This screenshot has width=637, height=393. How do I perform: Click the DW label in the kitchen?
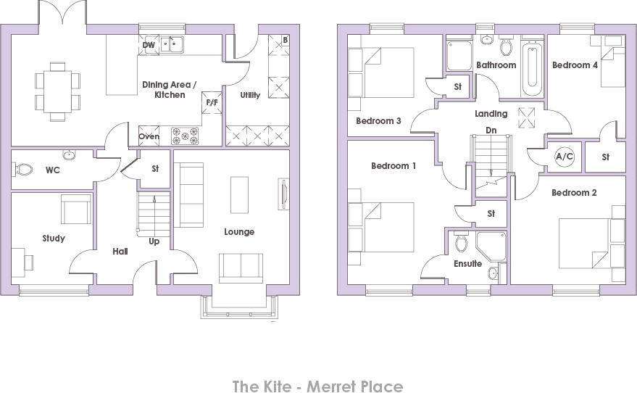coord(149,45)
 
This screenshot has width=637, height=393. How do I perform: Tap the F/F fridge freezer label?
coord(212,102)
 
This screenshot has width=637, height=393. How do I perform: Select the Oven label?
coord(149,136)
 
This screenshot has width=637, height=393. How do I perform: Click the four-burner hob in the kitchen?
coord(185,135)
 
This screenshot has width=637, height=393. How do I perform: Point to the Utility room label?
coord(251,95)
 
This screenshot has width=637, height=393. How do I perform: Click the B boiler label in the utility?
coord(285,40)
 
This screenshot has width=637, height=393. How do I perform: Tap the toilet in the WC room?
coord(24,170)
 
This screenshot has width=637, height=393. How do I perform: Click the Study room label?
coord(54,238)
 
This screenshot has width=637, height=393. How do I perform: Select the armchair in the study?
coord(75,210)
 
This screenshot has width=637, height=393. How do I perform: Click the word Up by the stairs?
coord(154,241)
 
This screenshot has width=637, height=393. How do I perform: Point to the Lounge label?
coord(239,232)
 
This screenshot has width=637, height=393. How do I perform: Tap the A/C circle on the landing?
coord(564,156)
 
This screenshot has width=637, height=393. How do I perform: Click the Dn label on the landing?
coord(491,131)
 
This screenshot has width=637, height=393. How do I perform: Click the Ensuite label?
coord(468,264)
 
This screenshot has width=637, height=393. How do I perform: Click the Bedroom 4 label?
coord(575,65)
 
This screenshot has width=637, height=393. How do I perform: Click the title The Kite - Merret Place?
coord(317,386)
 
